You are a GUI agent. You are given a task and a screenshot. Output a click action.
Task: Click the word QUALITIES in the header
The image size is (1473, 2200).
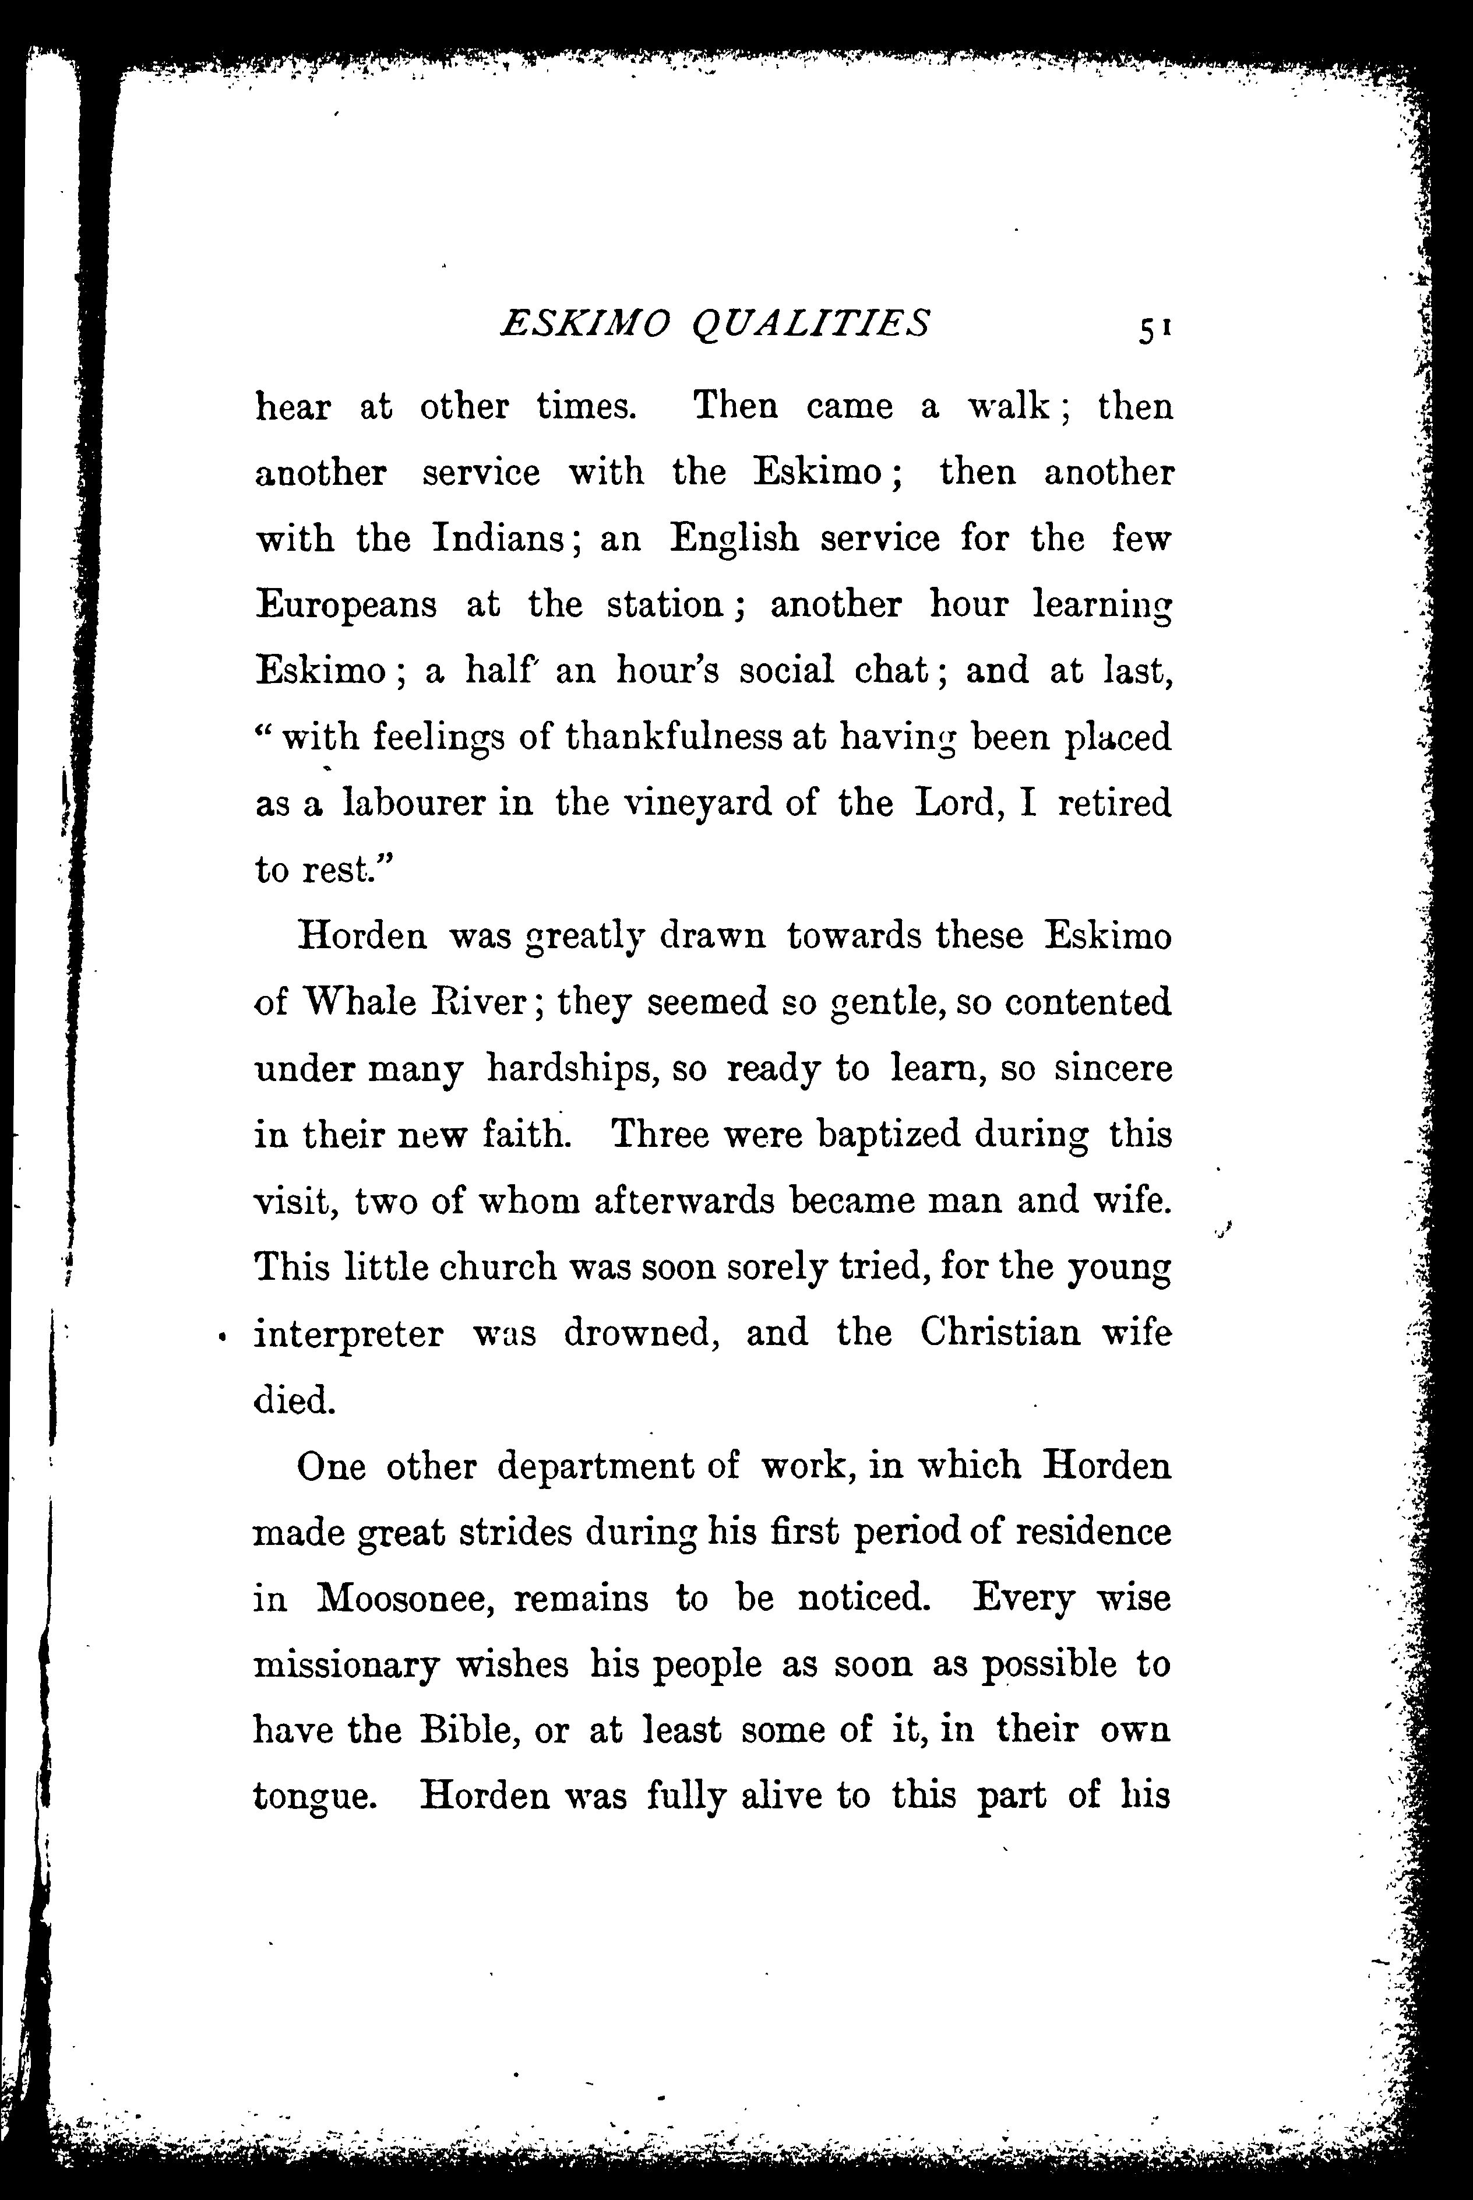coord(810,324)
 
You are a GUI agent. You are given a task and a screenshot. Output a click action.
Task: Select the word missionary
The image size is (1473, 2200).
coord(347,1666)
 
